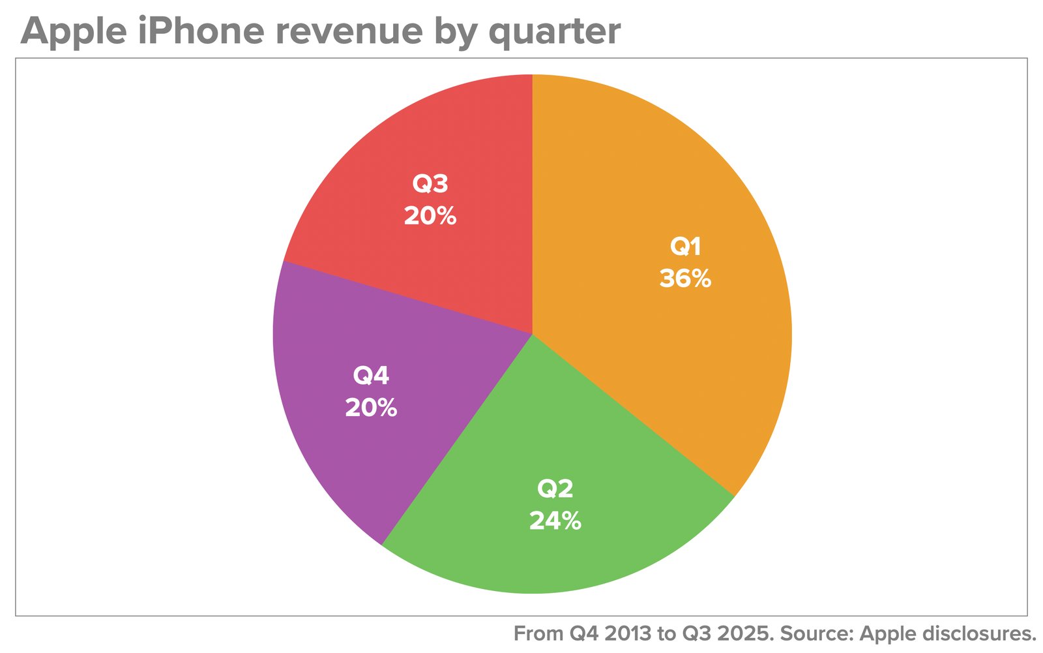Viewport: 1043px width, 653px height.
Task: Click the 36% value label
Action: (685, 279)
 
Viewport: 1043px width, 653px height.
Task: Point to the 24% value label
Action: (555, 521)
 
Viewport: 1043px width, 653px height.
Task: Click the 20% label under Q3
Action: (430, 216)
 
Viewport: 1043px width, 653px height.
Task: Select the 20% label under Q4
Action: (371, 408)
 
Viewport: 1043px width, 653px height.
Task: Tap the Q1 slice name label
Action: (685, 247)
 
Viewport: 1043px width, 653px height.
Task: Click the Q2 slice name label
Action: (555, 489)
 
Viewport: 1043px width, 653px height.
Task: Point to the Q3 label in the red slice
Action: (430, 184)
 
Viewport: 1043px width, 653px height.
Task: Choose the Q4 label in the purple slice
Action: (371, 376)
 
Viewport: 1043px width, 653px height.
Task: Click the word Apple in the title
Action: (72, 31)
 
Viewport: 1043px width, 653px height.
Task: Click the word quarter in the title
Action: (554, 31)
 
